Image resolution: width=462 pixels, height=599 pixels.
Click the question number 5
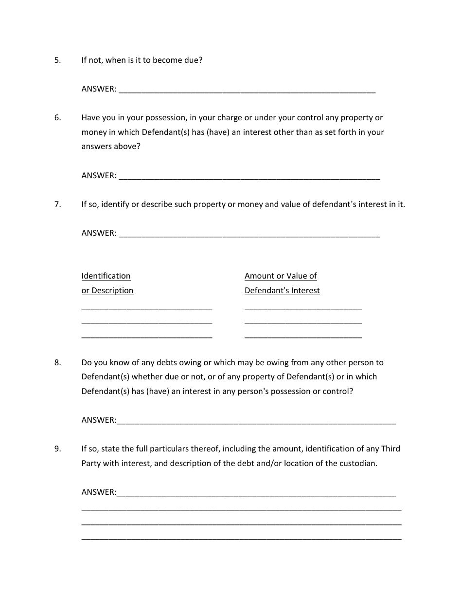coord(57,60)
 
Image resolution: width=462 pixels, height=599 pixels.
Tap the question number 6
coord(57,118)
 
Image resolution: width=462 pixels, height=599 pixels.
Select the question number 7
coord(57,205)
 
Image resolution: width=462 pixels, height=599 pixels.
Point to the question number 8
coord(57,363)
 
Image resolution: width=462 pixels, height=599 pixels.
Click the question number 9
coord(57,449)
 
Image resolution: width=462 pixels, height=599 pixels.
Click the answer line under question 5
coord(247,91)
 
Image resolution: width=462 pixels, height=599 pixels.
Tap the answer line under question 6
coord(249,178)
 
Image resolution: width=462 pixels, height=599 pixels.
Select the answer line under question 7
coord(249,235)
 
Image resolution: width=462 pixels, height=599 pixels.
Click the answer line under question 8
coord(256,422)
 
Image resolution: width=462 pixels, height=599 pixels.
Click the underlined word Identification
coord(106,276)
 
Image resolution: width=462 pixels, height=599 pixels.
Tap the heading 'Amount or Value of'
coord(281,276)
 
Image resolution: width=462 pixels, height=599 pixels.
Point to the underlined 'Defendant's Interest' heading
coord(282,291)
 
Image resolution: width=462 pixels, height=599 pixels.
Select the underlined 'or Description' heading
coord(107,291)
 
